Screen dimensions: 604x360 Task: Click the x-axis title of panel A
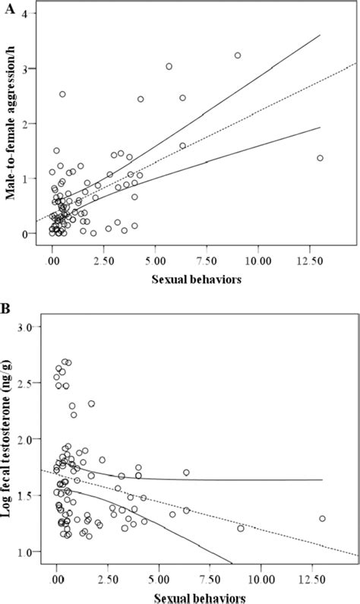[196, 278]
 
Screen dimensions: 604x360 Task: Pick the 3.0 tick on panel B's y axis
[29, 326]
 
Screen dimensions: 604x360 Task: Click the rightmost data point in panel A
[320, 158]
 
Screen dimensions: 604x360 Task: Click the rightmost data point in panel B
[322, 519]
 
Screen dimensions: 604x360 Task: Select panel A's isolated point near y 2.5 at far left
[62, 94]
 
